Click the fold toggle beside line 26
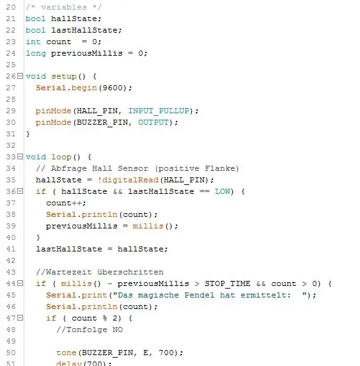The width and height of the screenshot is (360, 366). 20,76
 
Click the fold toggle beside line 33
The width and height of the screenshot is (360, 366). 20,156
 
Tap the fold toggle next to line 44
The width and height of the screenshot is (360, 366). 20,283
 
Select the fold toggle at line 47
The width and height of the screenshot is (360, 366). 20,317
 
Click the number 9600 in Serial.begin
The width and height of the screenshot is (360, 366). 113,88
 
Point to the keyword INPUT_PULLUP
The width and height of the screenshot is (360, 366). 159,111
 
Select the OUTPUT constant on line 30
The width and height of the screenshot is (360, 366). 153,122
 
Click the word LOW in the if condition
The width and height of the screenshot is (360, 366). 223,191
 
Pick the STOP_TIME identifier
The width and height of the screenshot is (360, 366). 228,283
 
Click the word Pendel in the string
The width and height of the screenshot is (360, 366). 200,295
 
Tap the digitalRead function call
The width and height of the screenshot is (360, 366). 130,180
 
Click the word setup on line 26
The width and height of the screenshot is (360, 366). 64,77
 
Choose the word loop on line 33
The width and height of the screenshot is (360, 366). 61,157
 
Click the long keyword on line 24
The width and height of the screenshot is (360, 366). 36,54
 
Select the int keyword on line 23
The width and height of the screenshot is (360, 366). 33,42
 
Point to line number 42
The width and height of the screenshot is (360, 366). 11,260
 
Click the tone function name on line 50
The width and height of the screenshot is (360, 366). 67,353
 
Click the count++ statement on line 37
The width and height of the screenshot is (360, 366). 66,203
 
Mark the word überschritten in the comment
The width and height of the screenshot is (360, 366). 130,272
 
